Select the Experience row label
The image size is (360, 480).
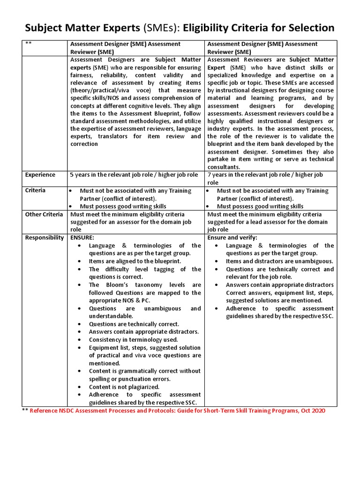tap(40, 175)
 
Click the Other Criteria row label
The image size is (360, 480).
tap(44, 214)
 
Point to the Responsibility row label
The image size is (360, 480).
tap(45, 238)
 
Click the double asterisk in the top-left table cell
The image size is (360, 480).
tap(29, 44)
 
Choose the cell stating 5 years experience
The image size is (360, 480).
tap(134, 175)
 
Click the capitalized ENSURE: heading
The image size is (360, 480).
tap(82, 238)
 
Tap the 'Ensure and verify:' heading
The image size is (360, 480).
tap(232, 238)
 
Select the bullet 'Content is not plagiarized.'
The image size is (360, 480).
tap(124, 387)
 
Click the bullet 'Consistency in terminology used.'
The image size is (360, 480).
tap(133, 339)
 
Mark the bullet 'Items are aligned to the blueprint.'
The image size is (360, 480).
tap(135, 261)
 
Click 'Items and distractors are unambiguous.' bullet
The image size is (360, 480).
tap(279, 261)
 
